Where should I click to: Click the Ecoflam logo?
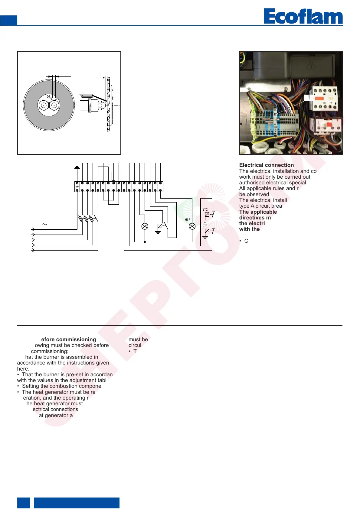(303, 16)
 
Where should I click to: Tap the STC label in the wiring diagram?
(205, 209)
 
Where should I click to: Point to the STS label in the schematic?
(205, 226)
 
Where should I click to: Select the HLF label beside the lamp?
(187, 220)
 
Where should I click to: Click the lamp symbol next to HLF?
(192, 226)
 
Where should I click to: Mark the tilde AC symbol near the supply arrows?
(44, 224)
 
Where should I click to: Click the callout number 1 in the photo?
(308, 97)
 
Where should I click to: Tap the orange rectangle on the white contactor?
(319, 99)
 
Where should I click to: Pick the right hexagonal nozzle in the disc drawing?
(54, 105)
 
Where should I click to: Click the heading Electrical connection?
(266, 165)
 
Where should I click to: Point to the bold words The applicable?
(258, 212)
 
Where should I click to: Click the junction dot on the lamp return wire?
(145, 242)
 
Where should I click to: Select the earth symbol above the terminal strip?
(77, 167)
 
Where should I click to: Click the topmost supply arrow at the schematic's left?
(33, 229)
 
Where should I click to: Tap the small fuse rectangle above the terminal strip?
(113, 176)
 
